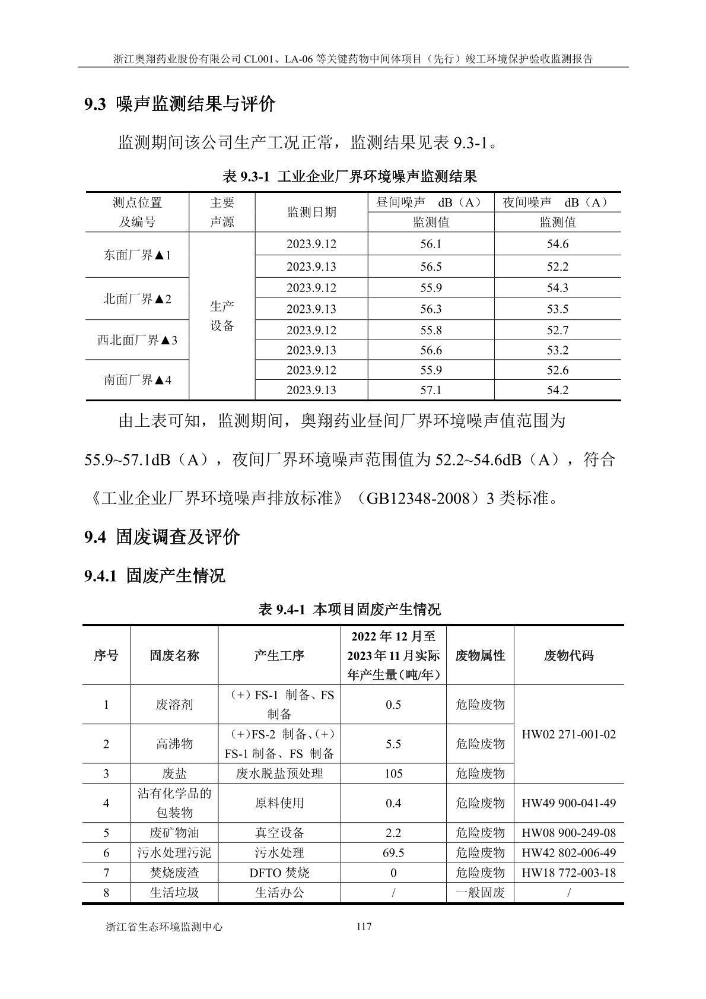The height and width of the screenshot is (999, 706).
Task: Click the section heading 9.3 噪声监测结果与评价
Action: point(180,104)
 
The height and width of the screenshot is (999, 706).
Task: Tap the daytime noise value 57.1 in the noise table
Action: point(431,390)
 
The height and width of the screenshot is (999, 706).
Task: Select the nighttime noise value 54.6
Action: point(557,244)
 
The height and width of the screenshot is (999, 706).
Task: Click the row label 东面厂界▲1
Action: point(137,255)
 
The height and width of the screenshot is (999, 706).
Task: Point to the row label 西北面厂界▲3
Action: point(137,340)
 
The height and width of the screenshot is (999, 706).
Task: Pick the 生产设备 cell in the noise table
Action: point(222,316)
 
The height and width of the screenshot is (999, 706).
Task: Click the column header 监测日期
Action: point(311,212)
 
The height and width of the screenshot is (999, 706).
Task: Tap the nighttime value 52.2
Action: point(557,267)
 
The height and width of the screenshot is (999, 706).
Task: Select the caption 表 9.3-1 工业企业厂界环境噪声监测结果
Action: point(349,176)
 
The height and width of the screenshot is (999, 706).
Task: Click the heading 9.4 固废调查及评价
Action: point(161,537)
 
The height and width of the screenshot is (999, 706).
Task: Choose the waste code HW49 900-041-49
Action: point(568,803)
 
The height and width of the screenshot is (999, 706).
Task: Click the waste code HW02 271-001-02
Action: point(568,734)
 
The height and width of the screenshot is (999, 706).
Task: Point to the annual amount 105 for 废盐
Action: point(393,773)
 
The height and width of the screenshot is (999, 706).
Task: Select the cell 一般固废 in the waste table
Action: point(480,892)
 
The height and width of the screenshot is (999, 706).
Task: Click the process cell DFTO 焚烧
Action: point(279,873)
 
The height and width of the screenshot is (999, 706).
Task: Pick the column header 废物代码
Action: point(568,655)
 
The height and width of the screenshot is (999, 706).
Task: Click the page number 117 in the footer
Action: point(364,926)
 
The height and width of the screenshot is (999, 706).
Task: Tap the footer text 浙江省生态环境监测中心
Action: point(164,927)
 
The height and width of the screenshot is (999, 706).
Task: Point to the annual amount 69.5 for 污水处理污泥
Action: point(393,853)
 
